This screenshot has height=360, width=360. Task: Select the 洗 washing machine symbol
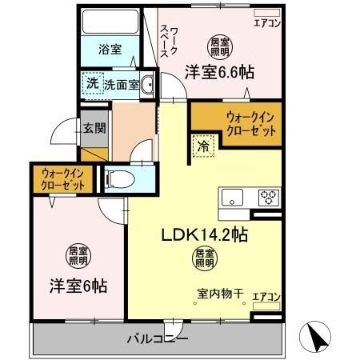(92, 82)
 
